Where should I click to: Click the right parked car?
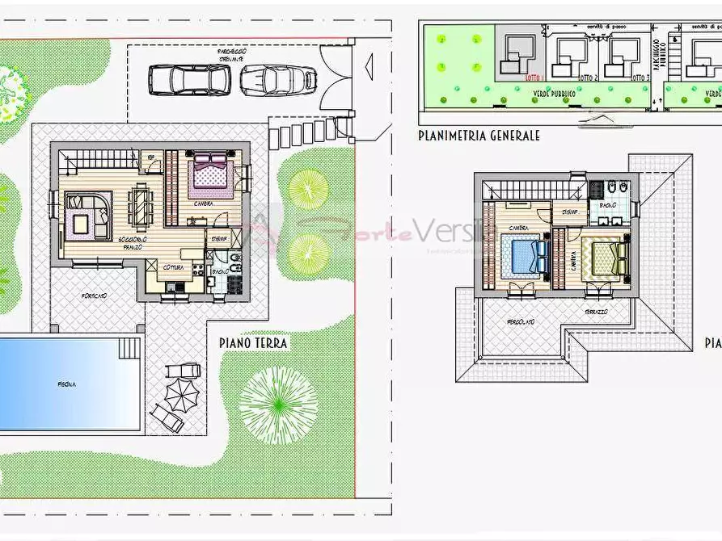click(x=277, y=80)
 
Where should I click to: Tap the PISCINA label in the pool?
click(x=66, y=384)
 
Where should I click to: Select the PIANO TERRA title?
click(x=253, y=342)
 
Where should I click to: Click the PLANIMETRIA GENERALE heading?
click(x=479, y=136)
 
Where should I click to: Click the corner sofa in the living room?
click(x=87, y=214)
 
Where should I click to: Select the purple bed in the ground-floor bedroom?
click(x=212, y=175)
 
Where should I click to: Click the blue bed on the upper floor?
click(x=525, y=256)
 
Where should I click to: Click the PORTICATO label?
click(x=93, y=296)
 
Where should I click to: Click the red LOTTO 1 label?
click(x=533, y=78)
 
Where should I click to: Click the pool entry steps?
click(x=129, y=348)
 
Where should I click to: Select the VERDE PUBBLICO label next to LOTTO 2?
click(x=554, y=94)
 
